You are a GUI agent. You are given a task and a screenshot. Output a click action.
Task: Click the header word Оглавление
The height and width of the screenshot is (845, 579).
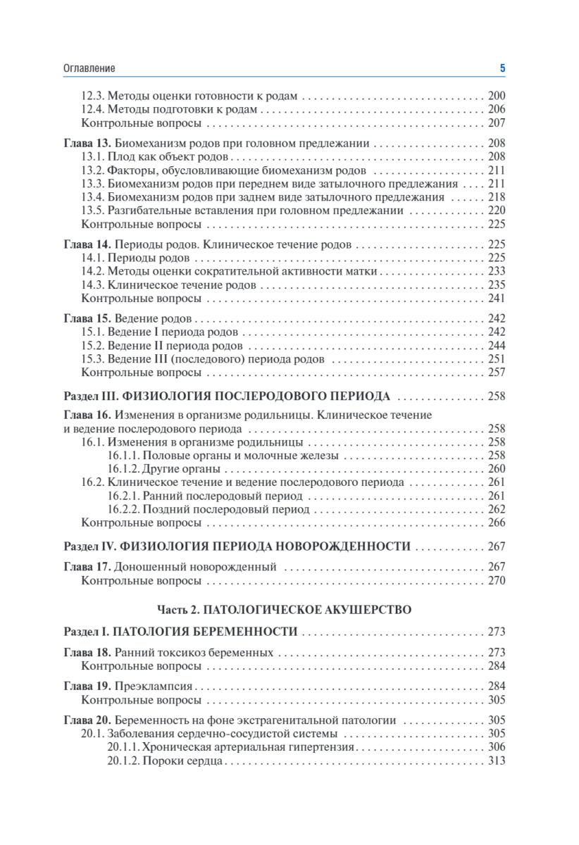coord(89,68)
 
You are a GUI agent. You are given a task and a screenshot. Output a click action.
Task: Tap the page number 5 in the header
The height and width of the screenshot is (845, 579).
coord(502,68)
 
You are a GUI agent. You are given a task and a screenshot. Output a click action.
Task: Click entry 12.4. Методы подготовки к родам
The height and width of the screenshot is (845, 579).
coord(169,109)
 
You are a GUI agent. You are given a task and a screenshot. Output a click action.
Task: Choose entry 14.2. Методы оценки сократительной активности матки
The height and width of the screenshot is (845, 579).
coord(230,272)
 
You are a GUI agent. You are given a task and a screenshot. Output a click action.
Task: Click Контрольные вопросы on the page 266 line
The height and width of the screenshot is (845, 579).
coord(142,523)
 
